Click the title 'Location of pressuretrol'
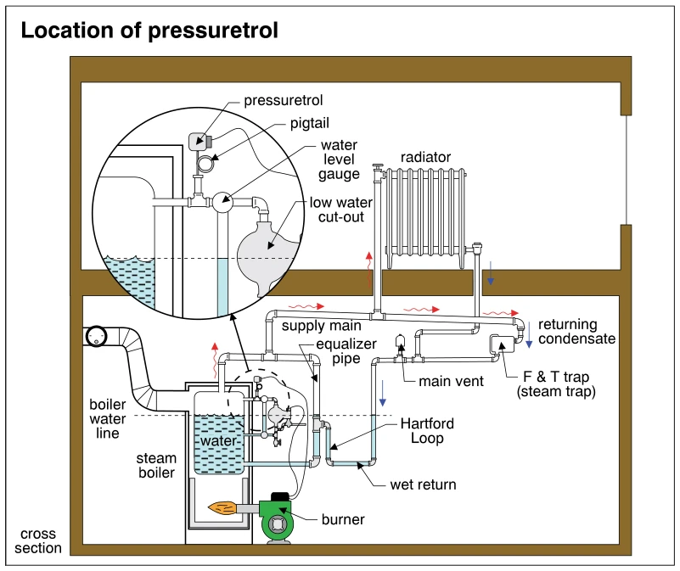click(x=149, y=31)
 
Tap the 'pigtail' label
click(x=310, y=124)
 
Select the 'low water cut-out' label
click(x=341, y=210)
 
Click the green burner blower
click(x=277, y=518)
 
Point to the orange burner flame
click(x=222, y=507)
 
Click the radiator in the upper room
click(x=426, y=218)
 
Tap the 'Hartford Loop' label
click(x=427, y=430)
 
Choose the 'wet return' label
click(x=423, y=484)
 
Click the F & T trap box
click(x=503, y=344)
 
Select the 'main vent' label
click(x=451, y=382)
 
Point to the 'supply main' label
click(x=322, y=326)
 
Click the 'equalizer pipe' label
click(x=346, y=351)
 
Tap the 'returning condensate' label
click(x=576, y=332)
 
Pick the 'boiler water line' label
click(x=108, y=419)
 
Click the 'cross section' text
click(x=38, y=540)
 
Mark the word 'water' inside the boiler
click(x=218, y=441)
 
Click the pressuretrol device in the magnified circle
click(x=200, y=142)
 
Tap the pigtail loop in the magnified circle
click(x=205, y=164)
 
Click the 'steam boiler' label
click(x=156, y=465)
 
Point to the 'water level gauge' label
click(x=339, y=160)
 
